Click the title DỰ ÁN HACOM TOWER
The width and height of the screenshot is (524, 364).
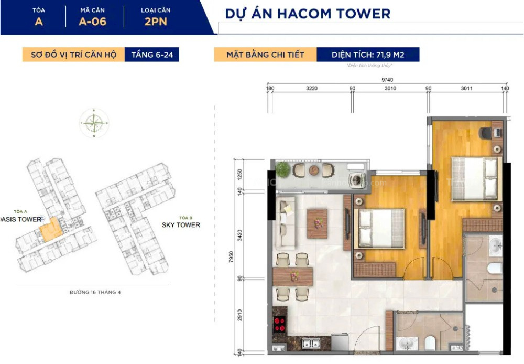coord(308,14)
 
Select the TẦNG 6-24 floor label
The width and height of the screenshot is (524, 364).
coord(151,55)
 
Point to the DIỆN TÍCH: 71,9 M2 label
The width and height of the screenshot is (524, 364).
coord(367,55)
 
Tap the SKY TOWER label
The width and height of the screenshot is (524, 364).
coord(181,225)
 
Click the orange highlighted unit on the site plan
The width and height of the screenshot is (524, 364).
coord(51,229)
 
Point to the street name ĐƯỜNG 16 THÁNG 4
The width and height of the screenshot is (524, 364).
coord(95,292)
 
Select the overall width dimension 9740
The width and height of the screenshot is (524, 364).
coord(388,80)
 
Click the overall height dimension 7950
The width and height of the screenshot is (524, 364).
coord(232,260)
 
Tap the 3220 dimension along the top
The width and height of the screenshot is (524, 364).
coord(312,89)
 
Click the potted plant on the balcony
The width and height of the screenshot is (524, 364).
coord(283,169)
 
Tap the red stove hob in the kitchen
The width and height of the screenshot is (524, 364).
coord(280,324)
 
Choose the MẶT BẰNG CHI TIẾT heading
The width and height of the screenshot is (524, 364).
coord(265,55)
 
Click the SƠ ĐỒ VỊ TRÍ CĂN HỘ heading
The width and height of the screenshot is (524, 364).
coord(73,55)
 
